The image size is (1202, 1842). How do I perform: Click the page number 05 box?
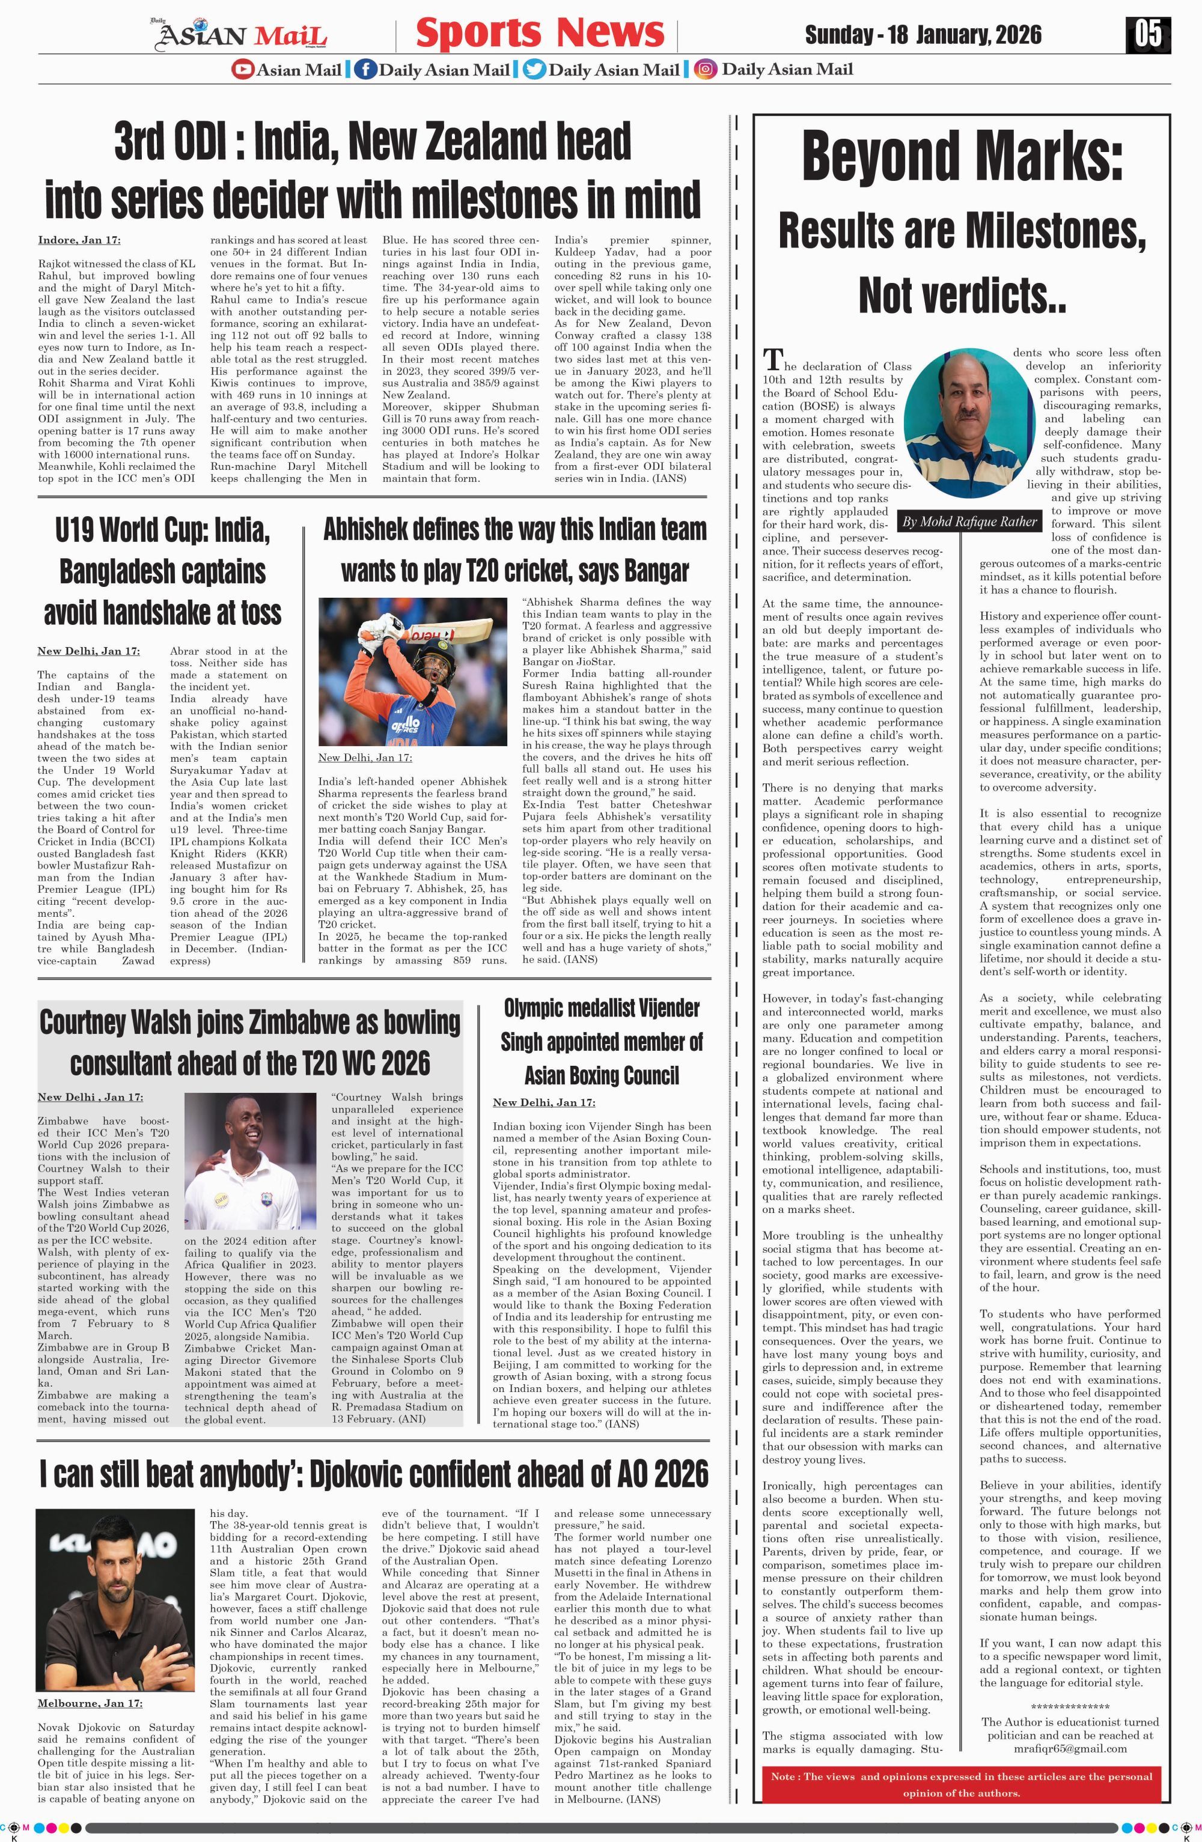[1148, 35]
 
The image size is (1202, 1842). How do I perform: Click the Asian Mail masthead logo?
[242, 34]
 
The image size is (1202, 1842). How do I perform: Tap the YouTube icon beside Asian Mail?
[242, 70]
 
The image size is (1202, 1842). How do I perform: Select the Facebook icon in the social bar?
[365, 70]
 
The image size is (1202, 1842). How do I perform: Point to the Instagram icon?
[704, 70]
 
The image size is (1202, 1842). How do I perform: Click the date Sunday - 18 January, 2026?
[923, 35]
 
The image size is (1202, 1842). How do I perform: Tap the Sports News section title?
[540, 32]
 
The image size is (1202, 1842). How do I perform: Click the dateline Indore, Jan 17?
[79, 240]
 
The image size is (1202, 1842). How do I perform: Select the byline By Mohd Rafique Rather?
[969, 521]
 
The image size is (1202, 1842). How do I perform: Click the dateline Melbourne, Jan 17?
[90, 1703]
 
